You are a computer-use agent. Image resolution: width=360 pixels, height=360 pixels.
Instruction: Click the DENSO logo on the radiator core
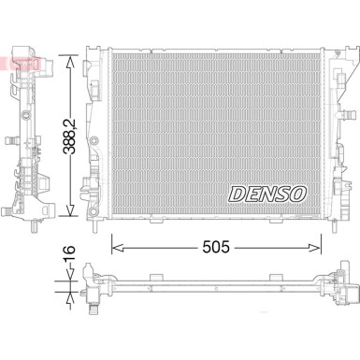click(266, 194)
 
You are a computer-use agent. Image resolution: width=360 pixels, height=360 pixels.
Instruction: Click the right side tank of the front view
click(332, 131)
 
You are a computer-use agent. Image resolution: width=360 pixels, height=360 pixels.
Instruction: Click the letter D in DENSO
click(234, 194)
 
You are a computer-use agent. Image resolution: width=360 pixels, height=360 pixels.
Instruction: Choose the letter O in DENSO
click(297, 194)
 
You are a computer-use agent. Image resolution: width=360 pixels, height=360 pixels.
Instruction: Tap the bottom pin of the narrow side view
click(33, 227)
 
